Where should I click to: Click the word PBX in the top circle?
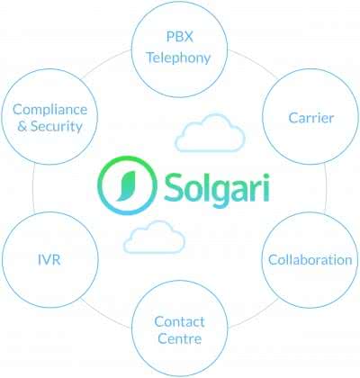[180, 37]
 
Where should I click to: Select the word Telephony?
[178, 58]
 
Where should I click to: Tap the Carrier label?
[311, 118]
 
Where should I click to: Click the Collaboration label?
[310, 260]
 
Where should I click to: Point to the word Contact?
[179, 322]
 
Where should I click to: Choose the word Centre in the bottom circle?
[179, 339]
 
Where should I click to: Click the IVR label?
[49, 260]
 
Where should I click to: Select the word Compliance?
[49, 110]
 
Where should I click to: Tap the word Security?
[57, 126]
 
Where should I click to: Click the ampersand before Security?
[22, 126]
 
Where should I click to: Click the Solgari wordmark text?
[217, 188]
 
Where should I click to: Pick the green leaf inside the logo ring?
[126, 186]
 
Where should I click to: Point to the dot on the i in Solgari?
[265, 176]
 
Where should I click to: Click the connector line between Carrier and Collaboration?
[326, 188]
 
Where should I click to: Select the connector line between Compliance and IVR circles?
[33, 188]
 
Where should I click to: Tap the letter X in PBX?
[188, 37]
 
